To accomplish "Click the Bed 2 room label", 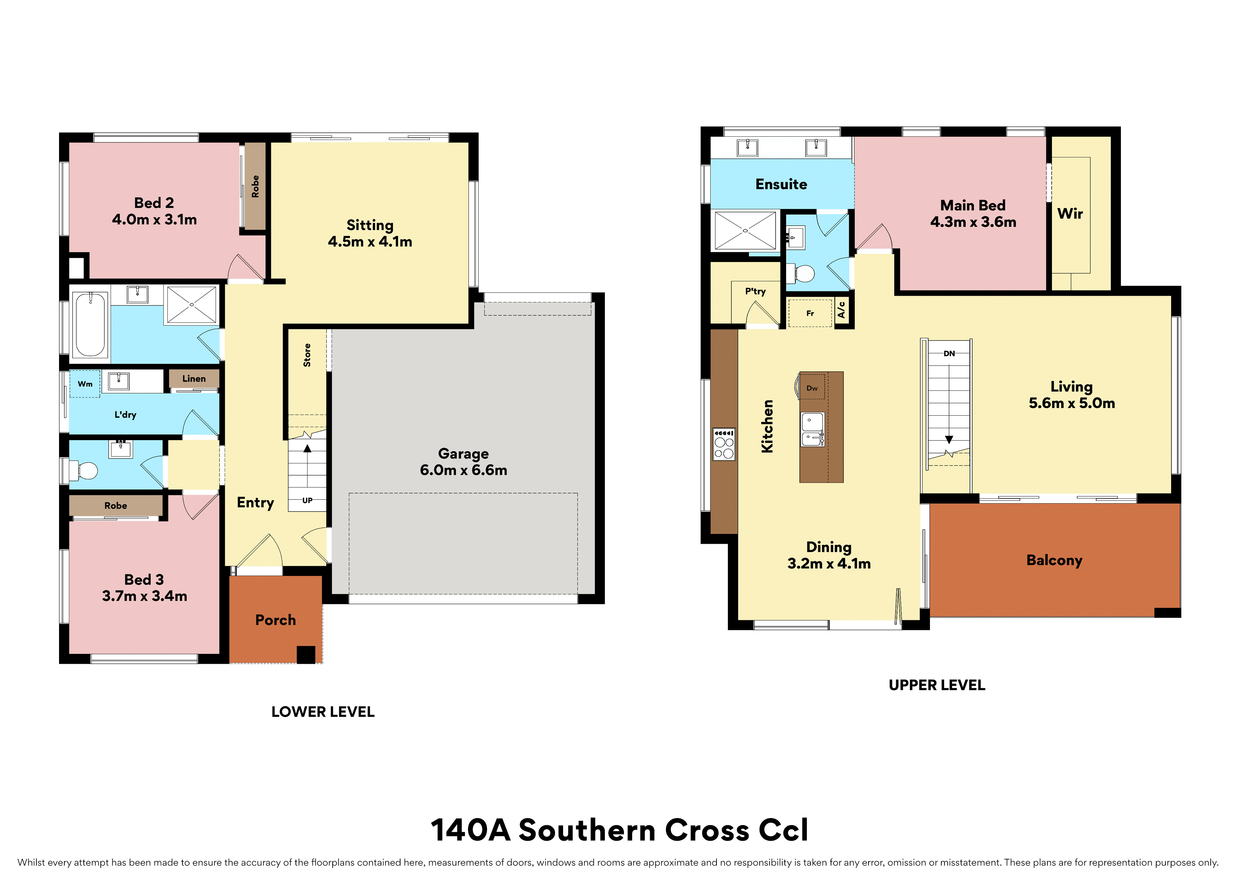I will click(x=154, y=203).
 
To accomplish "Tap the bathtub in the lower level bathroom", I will click(x=90, y=324).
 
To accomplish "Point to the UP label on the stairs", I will click(x=307, y=500).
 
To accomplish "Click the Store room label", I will click(x=307, y=355).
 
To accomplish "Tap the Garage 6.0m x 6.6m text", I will click(x=463, y=462).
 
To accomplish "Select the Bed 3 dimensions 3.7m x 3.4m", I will click(x=145, y=596).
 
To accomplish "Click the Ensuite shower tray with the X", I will click(x=745, y=230).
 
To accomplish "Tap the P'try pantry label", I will click(x=755, y=291).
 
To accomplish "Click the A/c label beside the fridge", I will click(x=841, y=310).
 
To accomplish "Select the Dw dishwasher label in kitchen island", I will click(x=812, y=388).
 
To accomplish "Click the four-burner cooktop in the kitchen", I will click(x=724, y=444).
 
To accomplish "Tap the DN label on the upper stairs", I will click(x=949, y=354).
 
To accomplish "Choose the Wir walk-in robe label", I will click(x=1070, y=214).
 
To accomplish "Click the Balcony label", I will click(x=1054, y=560).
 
